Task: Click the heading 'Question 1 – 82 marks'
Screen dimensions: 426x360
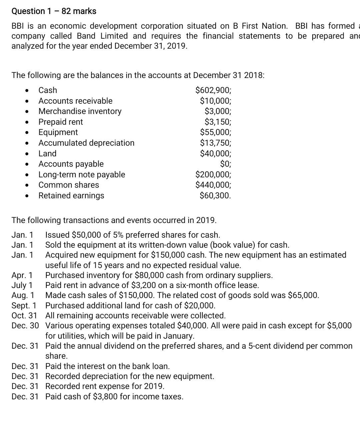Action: [x=54, y=11]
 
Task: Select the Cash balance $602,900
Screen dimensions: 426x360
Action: [x=213, y=90]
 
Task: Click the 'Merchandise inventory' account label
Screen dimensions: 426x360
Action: [x=80, y=111]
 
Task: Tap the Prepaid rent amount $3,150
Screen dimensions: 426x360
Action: [x=217, y=122]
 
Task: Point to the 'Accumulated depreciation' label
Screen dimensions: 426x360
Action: [x=86, y=143]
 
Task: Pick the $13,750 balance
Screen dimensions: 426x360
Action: [x=215, y=143]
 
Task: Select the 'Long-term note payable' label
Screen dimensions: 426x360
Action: [x=82, y=174]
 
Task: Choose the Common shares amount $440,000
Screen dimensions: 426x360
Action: [x=213, y=185]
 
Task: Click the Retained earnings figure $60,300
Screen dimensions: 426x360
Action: [x=215, y=195]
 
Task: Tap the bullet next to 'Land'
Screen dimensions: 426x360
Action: [x=26, y=154]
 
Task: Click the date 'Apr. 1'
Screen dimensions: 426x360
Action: [x=22, y=275]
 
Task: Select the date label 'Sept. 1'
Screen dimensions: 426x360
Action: [x=24, y=305]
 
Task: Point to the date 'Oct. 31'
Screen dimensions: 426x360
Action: [x=24, y=315]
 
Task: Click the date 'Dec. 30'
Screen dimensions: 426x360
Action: [x=25, y=326]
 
